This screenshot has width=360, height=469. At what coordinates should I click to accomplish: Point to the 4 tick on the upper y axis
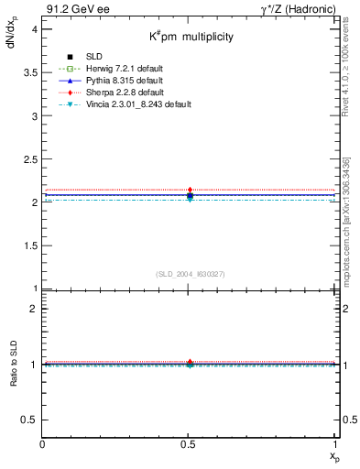click(33, 30)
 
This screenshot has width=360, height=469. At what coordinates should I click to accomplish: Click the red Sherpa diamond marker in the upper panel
click(190, 191)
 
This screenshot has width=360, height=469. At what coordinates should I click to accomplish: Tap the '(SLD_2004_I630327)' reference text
click(191, 273)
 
